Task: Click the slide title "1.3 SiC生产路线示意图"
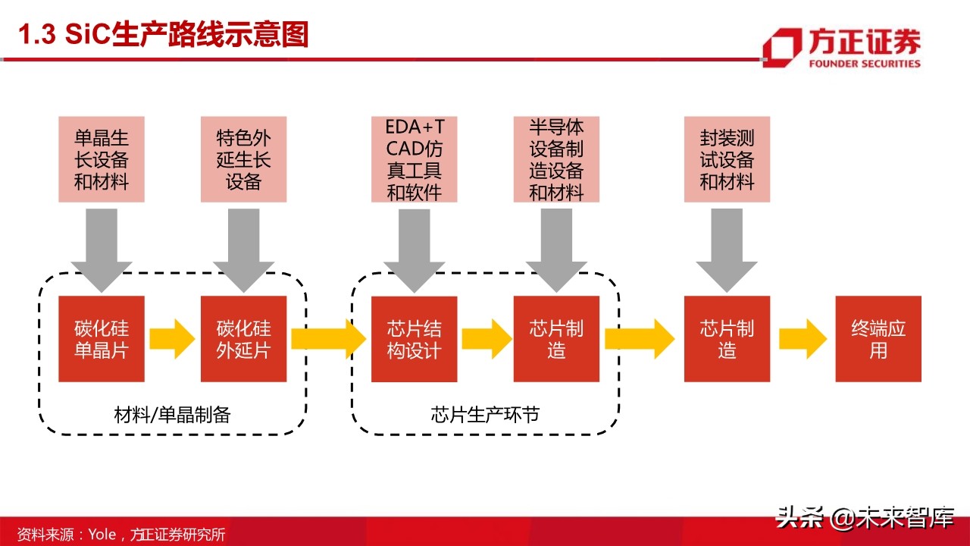163,36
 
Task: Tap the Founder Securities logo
841,49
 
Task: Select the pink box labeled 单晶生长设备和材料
101,159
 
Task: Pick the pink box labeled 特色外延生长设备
243,159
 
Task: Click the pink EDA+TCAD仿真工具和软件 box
414,159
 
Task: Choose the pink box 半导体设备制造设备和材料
556,159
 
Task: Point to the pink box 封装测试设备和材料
727,159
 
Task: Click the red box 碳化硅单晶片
101,339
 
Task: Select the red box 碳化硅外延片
243,339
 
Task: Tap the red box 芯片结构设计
414,339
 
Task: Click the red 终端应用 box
878,339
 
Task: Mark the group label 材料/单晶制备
172,415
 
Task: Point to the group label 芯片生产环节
485,415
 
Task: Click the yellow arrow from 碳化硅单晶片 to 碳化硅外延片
172,339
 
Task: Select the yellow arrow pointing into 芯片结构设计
328,339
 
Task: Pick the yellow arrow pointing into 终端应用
803,339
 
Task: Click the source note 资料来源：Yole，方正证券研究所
121,534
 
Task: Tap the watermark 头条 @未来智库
864,519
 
